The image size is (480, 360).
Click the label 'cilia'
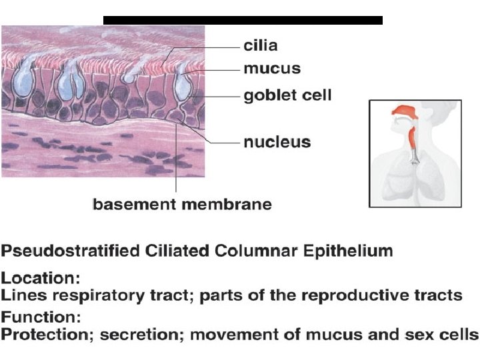pos(259,46)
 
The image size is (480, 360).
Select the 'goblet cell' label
pos(287,95)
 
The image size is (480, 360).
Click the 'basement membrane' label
pos(182,204)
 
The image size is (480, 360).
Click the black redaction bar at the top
pos(243,20)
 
